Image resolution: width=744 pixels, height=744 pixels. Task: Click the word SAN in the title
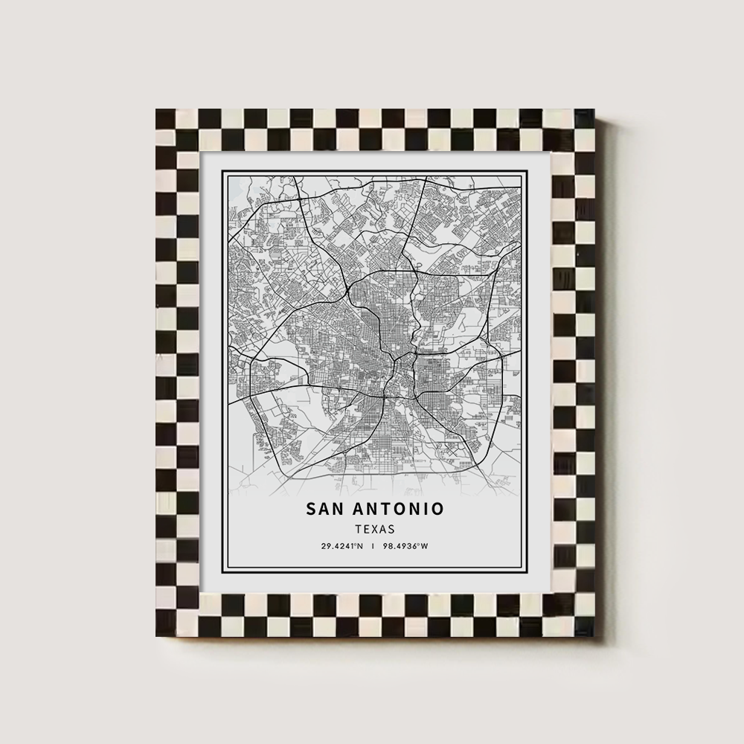(x=324, y=509)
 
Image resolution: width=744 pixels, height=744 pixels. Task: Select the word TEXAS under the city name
(x=375, y=529)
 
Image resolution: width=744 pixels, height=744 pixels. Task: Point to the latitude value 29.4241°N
(x=342, y=547)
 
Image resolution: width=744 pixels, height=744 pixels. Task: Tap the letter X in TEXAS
(x=375, y=529)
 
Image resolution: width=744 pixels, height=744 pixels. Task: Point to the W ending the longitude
(x=425, y=547)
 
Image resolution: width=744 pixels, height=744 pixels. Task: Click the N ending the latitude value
(x=361, y=547)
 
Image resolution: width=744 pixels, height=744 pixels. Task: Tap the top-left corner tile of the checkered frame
(x=166, y=119)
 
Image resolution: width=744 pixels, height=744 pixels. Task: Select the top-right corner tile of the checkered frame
(x=584, y=119)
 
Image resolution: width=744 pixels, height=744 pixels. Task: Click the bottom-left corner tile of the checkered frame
(x=166, y=626)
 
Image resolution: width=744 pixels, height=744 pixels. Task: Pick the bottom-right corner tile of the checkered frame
(x=584, y=626)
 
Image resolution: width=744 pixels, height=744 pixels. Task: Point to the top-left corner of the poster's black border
(x=222, y=171)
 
